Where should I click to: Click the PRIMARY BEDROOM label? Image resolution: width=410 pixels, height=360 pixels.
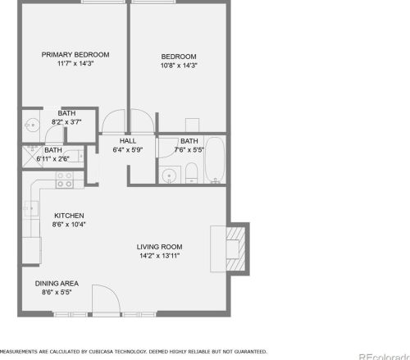coord(75,55)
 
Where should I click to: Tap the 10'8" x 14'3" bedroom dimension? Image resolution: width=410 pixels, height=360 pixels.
coord(179,65)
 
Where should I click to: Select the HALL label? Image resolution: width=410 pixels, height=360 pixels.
coord(127,141)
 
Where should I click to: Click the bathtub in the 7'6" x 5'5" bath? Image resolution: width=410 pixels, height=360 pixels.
coord(216,159)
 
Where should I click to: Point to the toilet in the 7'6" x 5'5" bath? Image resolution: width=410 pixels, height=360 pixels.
coord(189,172)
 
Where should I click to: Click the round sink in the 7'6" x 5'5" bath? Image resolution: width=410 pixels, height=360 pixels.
coord(170,175)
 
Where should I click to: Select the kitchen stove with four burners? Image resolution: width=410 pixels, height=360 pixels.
coord(64,178)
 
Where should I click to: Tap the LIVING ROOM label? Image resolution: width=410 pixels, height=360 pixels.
coord(159,247)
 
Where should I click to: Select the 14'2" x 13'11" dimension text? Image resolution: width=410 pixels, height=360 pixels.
coord(159,256)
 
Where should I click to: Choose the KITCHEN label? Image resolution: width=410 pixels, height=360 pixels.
coord(69,216)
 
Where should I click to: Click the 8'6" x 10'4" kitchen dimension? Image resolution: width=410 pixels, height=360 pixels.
coord(69,224)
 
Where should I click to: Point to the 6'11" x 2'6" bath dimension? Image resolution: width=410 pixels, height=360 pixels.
coord(53,158)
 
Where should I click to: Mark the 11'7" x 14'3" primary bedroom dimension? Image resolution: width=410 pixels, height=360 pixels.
coord(75,64)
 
